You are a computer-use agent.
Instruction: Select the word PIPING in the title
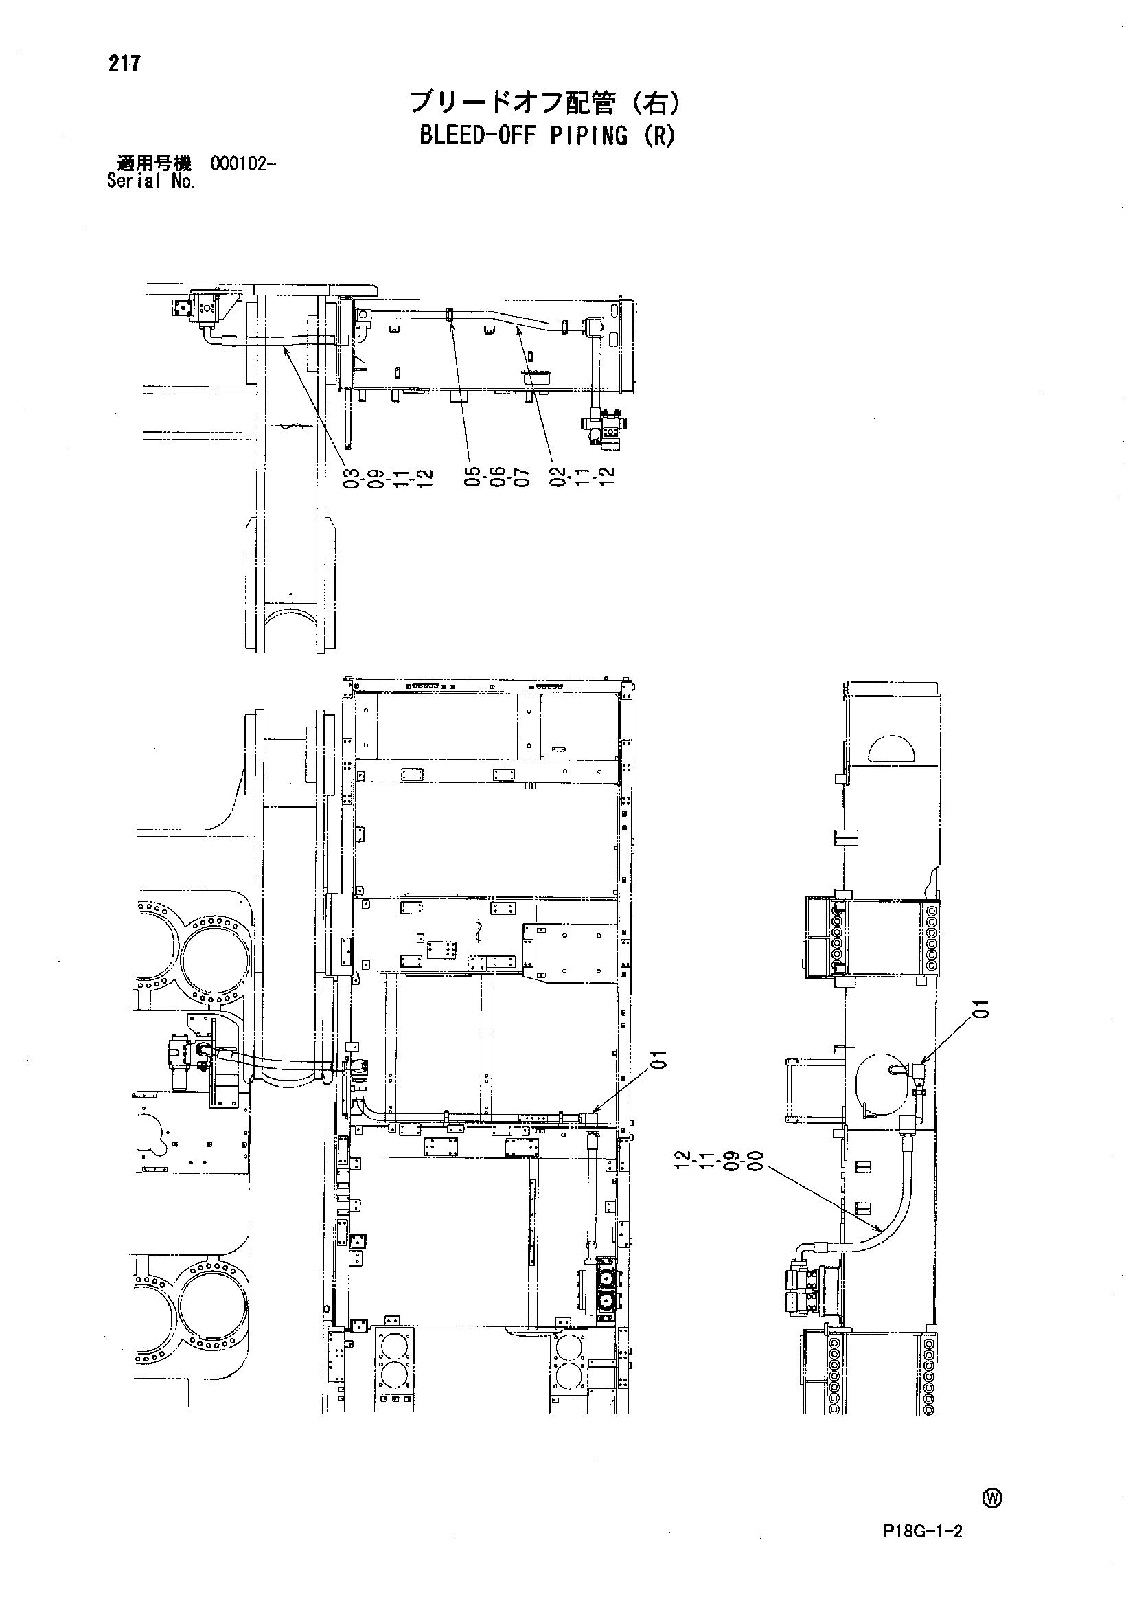tap(589, 135)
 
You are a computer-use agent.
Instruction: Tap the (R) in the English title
tap(659, 135)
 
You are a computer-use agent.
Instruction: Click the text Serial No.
tap(151, 181)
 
